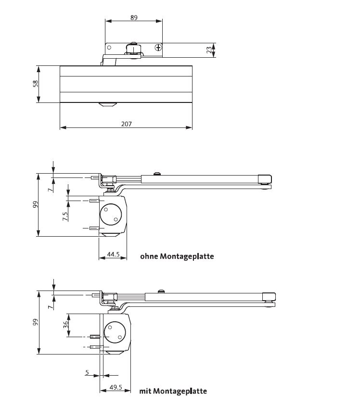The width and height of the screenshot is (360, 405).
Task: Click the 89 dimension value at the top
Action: (134, 17)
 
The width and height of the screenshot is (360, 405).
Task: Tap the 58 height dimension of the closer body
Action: (35, 84)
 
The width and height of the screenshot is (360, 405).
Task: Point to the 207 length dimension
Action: (126, 124)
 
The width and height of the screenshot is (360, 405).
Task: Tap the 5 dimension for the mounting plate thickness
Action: (87, 372)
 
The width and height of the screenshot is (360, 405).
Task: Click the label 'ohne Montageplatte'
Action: (177, 256)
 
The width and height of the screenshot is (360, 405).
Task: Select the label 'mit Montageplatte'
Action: (173, 391)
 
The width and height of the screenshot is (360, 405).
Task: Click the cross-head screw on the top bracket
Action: (158, 48)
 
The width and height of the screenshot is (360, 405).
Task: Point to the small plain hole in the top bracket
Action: (109, 48)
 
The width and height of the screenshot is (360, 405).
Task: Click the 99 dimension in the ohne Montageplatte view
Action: (35, 205)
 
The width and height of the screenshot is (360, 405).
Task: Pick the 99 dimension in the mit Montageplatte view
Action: (35, 323)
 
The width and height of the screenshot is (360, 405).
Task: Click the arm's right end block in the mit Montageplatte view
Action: (269, 297)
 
